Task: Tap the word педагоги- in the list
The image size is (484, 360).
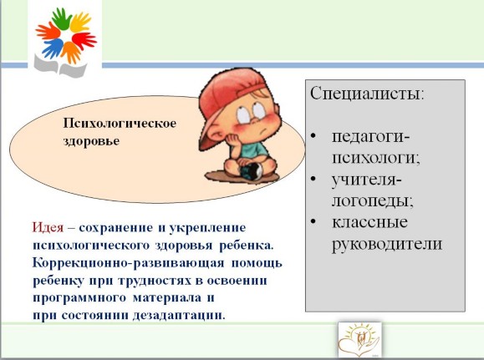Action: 370,137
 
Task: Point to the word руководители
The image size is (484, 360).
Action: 387,245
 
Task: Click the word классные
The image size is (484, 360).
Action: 369,222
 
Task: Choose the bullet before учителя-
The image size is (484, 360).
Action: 313,179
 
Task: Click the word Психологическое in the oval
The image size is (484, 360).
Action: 120,124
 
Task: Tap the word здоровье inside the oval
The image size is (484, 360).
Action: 91,141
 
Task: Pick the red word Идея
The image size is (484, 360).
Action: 48,228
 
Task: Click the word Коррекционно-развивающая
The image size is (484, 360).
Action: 128,263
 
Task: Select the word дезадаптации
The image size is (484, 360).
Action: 177,316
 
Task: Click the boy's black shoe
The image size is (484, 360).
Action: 252,171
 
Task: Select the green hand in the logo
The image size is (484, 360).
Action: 63,18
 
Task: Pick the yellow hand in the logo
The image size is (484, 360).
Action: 80,23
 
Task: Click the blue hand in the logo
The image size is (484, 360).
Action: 53,48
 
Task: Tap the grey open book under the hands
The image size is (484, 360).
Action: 60,66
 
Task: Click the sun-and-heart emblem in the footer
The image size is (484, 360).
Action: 359,340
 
